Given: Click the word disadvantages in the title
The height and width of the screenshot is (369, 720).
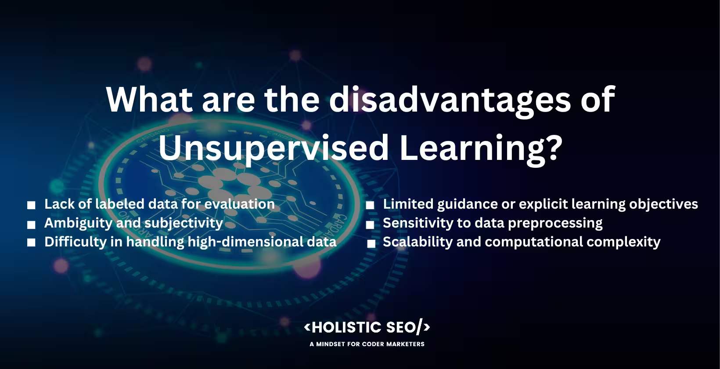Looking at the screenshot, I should click(450, 99).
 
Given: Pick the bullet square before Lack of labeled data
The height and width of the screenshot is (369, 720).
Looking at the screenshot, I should click(31, 205).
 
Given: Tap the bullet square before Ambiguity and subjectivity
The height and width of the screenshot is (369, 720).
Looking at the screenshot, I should click(31, 224).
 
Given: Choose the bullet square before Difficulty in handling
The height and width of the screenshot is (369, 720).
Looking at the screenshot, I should click(31, 243).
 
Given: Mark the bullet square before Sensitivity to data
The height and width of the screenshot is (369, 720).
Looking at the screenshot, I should click(370, 225).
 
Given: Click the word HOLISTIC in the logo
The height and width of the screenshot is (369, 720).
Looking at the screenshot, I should click(346, 327).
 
